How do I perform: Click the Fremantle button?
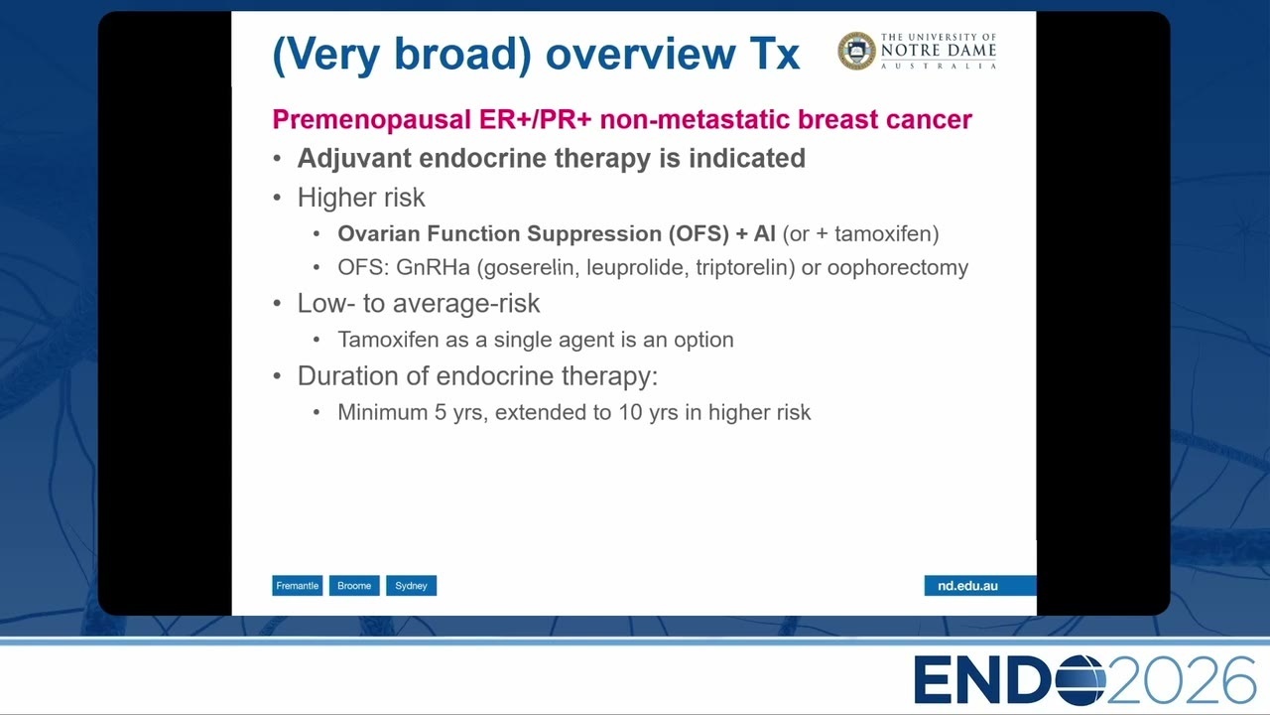tap(297, 586)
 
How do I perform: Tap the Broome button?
tap(354, 586)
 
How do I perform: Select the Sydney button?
tap(411, 586)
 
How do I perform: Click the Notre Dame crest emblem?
tap(856, 51)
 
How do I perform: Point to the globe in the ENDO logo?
tap(1080, 680)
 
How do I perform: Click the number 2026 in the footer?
tap(1181, 680)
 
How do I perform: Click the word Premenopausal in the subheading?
tap(372, 120)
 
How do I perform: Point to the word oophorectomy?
tap(898, 268)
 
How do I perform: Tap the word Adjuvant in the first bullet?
tap(354, 158)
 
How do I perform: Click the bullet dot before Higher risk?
tap(277, 198)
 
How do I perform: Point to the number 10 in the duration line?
tap(630, 412)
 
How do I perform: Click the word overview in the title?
tap(640, 54)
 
